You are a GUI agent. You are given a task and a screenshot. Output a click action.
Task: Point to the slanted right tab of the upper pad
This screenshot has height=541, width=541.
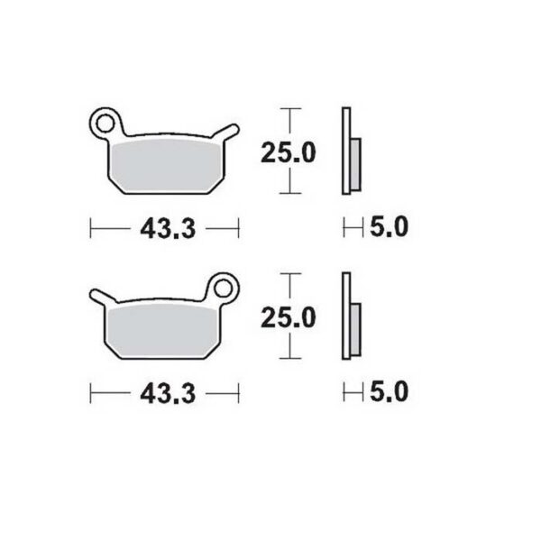tap(226, 134)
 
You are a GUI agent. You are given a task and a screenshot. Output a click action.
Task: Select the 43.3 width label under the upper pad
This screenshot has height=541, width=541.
tap(168, 229)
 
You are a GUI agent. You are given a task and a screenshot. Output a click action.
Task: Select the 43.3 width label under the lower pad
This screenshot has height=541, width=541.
tap(168, 394)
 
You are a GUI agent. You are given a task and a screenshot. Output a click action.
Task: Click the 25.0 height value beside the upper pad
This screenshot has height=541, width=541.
tap(289, 153)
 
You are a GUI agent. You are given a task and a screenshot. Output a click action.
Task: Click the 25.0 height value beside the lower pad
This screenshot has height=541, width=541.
tap(289, 318)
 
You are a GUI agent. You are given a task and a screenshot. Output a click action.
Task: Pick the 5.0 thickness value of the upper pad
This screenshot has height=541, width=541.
tap(390, 228)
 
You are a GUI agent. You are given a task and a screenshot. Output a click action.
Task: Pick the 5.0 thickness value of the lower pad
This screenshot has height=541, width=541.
tap(390, 392)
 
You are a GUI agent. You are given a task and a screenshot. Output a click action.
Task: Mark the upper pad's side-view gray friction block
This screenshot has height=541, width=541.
tap(354, 163)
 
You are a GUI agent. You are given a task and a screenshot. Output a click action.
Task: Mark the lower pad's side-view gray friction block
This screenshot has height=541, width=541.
tap(354, 328)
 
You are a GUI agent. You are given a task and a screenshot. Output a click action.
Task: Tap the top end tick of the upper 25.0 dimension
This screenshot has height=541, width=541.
tap(289, 109)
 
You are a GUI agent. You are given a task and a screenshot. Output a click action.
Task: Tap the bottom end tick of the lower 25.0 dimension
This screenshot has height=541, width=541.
tap(289, 359)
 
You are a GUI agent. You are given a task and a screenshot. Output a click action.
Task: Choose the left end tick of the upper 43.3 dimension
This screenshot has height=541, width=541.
tap(92, 229)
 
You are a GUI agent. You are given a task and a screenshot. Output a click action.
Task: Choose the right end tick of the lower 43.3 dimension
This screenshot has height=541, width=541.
tap(238, 394)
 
